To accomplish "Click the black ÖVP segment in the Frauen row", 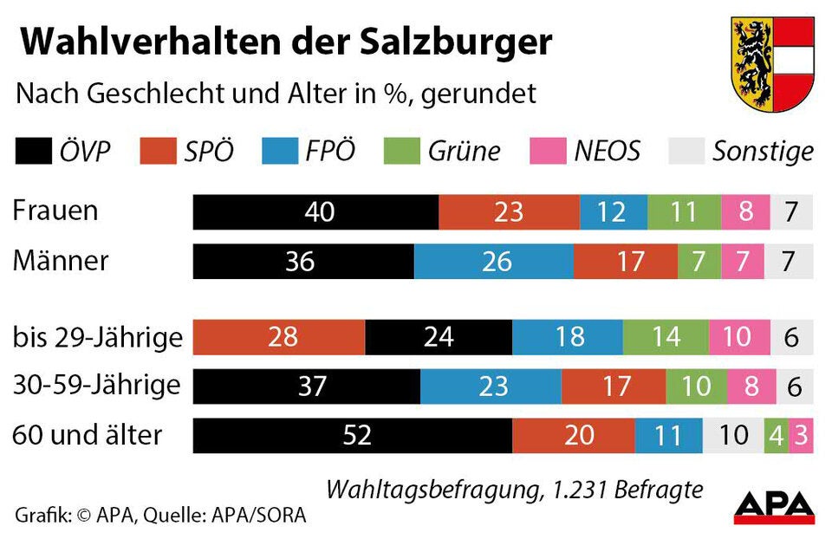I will coord(315,212).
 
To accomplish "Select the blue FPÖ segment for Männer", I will coord(494,261).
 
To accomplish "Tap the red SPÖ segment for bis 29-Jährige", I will coord(279,337).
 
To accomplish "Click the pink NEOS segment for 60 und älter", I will coord(802,435).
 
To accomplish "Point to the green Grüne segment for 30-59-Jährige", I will coord(696,386).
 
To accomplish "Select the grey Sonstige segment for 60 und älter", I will coord(733,435).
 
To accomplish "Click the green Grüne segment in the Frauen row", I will coord(683,212).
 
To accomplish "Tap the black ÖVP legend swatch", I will coord(34,152).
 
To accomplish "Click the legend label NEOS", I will coord(606,152).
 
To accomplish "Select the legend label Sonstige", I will coord(763,152).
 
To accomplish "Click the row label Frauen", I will coord(55,211).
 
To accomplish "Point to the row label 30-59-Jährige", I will coord(96,385).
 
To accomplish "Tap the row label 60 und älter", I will coord(87,434).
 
